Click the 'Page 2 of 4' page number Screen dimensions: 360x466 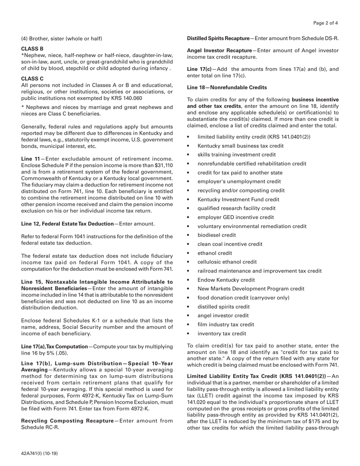coord(326,23)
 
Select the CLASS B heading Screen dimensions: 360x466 coord(32,48)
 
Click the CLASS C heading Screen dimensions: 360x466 coord(32,79)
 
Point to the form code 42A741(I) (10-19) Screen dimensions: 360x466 coord(39,453)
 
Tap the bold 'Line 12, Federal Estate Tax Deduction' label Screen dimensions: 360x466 coord(67,224)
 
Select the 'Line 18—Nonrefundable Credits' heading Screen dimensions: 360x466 coord(227,87)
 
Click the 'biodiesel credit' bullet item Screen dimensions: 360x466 coord(216,235)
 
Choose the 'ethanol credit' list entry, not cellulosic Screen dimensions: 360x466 coord(214,253)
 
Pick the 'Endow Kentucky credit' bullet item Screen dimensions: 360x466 coord(226,280)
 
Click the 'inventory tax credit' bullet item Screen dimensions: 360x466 coord(222,333)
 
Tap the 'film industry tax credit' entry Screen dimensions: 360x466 coord(226,325)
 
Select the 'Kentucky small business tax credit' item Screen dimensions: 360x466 coord(240,146)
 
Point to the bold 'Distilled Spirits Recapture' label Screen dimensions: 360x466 coord(218,38)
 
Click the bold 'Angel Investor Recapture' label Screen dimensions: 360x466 coord(219,50)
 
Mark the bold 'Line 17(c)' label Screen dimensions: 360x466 coord(199,69)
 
